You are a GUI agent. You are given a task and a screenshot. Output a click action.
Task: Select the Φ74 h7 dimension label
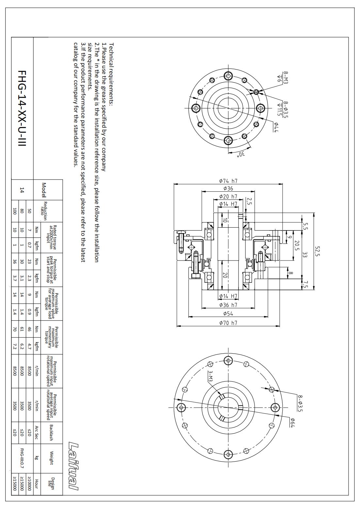(228, 181)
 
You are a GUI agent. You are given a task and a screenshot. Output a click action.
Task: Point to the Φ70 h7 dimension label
(228, 323)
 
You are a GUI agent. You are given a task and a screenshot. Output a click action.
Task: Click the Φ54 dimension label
(228, 314)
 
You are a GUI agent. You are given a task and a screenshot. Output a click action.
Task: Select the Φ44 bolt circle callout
(276, 127)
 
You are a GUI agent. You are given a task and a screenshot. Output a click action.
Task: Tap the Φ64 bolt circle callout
(293, 422)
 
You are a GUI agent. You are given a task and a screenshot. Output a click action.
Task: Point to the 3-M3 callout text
(211, 376)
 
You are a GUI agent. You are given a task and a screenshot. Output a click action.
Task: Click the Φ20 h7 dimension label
(228, 197)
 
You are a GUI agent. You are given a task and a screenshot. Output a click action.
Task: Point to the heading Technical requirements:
(111, 74)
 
